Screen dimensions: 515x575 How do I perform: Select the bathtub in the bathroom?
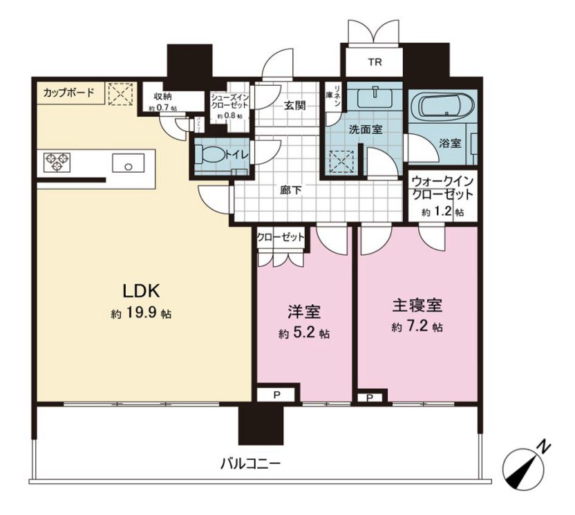(x=443, y=108)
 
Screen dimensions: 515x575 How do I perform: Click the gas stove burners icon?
(x=57, y=162)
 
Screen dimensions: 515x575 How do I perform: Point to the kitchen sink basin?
(x=127, y=165)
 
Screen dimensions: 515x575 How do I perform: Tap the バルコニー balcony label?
(x=250, y=463)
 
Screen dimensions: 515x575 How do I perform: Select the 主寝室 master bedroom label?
(x=417, y=305)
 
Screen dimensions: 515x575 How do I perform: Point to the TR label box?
(x=374, y=63)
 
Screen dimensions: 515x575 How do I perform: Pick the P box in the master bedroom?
(x=370, y=398)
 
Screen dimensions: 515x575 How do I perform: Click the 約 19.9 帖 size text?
(x=141, y=314)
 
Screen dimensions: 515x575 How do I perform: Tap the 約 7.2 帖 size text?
(x=417, y=326)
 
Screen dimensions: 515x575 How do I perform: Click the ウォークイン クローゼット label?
(x=442, y=189)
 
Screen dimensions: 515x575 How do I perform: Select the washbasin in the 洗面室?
(x=374, y=93)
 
